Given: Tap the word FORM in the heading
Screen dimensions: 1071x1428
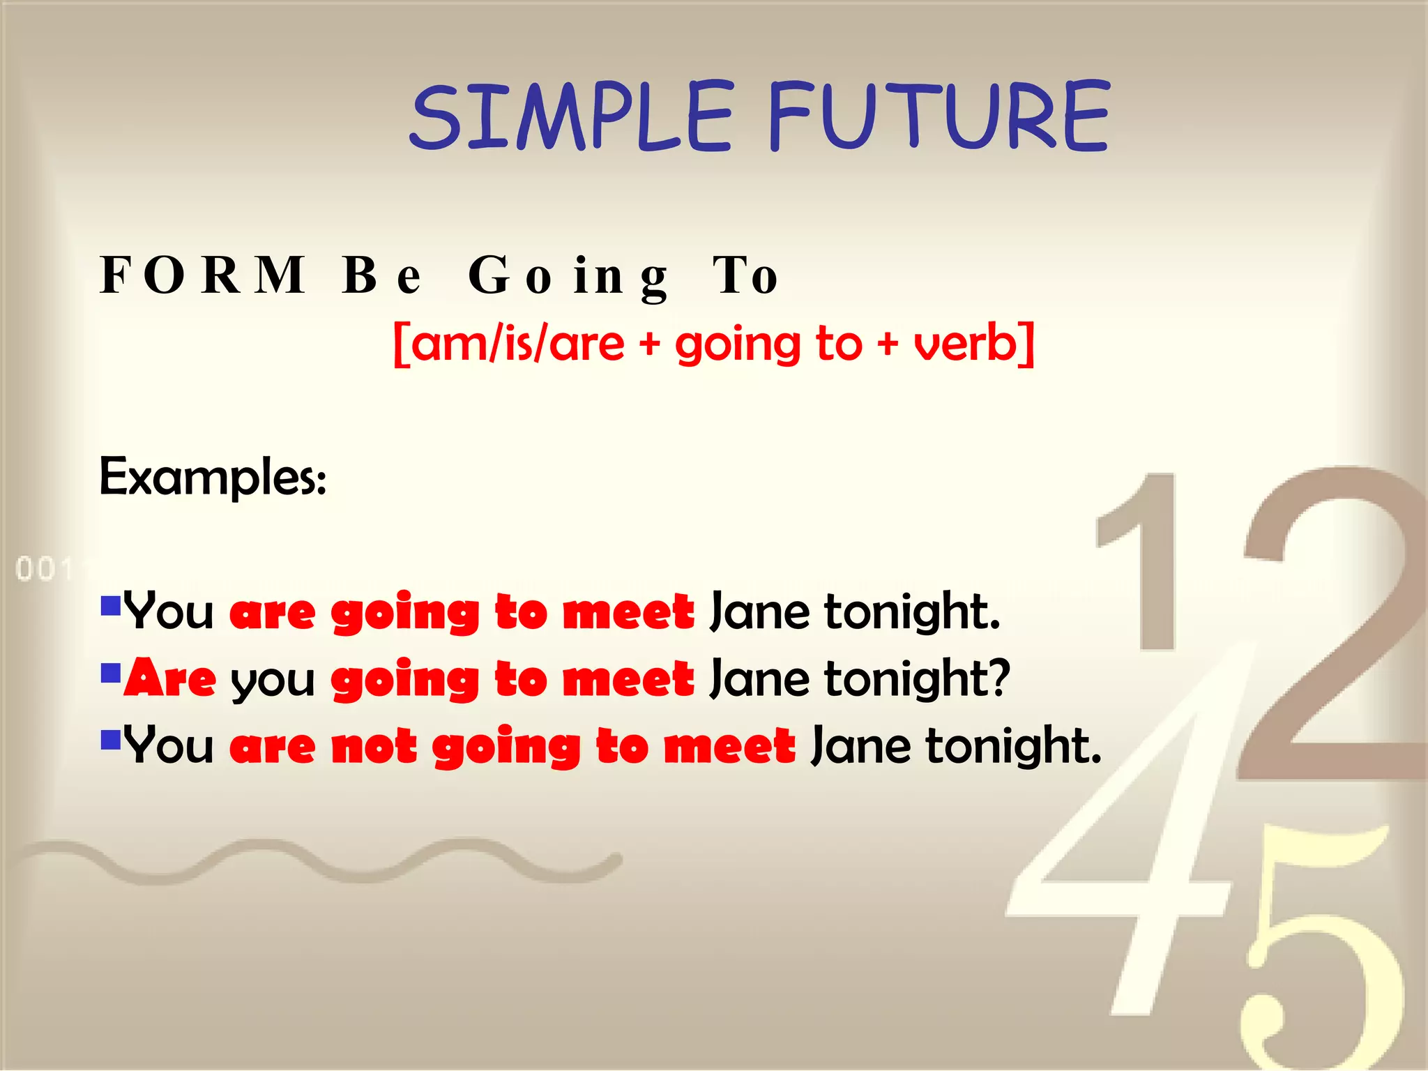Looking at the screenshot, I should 202,275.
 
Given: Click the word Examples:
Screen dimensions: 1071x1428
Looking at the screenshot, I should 213,477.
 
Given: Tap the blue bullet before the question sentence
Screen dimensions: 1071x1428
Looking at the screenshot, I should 111,672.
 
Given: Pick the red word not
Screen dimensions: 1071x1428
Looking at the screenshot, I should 374,746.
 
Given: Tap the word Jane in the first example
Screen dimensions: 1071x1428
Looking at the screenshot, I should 759,612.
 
